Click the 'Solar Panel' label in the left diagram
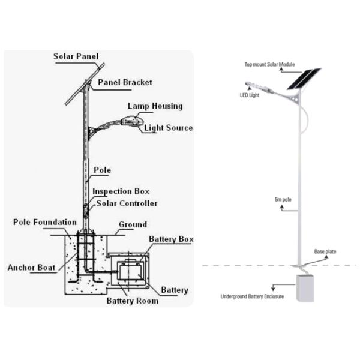click(76, 57)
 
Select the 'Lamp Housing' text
click(155, 106)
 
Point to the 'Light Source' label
click(169, 128)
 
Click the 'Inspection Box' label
click(121, 191)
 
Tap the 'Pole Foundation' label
click(45, 223)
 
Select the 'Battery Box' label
click(172, 239)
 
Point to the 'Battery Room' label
click(133, 300)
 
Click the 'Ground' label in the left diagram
click(133, 225)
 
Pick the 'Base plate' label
click(325, 252)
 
